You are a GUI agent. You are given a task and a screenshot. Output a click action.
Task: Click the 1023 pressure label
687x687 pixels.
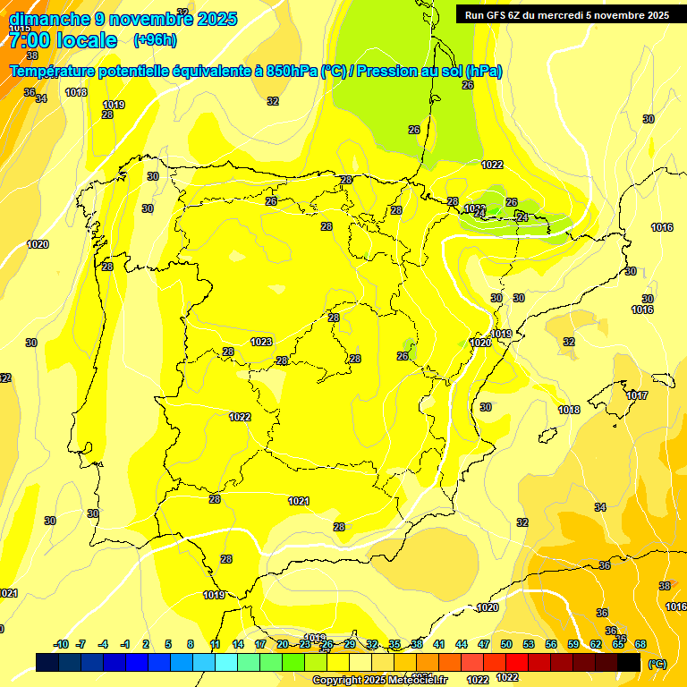(x=261, y=342)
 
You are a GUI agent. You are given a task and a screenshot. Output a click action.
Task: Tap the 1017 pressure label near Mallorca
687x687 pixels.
(x=637, y=395)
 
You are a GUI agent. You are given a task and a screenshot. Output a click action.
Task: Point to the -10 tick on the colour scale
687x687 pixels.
(x=61, y=644)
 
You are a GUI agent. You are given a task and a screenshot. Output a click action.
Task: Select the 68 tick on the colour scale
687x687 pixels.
(x=640, y=644)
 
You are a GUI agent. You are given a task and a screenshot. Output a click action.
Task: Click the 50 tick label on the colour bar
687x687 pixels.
(x=506, y=644)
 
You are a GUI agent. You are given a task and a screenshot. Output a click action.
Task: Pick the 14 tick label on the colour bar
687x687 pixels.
(x=238, y=644)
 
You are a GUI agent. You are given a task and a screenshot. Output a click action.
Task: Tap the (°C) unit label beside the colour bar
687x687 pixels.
(x=657, y=664)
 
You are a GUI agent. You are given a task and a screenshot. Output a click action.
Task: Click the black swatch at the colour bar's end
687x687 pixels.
(x=629, y=662)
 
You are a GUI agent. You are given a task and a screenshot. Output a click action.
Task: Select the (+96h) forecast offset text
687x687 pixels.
(x=155, y=40)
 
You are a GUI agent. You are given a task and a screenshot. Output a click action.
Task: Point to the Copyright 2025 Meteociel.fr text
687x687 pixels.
(x=379, y=681)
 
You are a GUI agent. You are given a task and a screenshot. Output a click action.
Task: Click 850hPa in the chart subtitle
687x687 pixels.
(x=292, y=72)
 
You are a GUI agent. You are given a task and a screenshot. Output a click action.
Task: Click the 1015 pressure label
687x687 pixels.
(x=20, y=29)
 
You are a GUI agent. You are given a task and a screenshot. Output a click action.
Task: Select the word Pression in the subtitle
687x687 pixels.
(x=382, y=72)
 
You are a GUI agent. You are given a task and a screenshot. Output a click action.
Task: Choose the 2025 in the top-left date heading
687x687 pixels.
(x=216, y=19)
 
